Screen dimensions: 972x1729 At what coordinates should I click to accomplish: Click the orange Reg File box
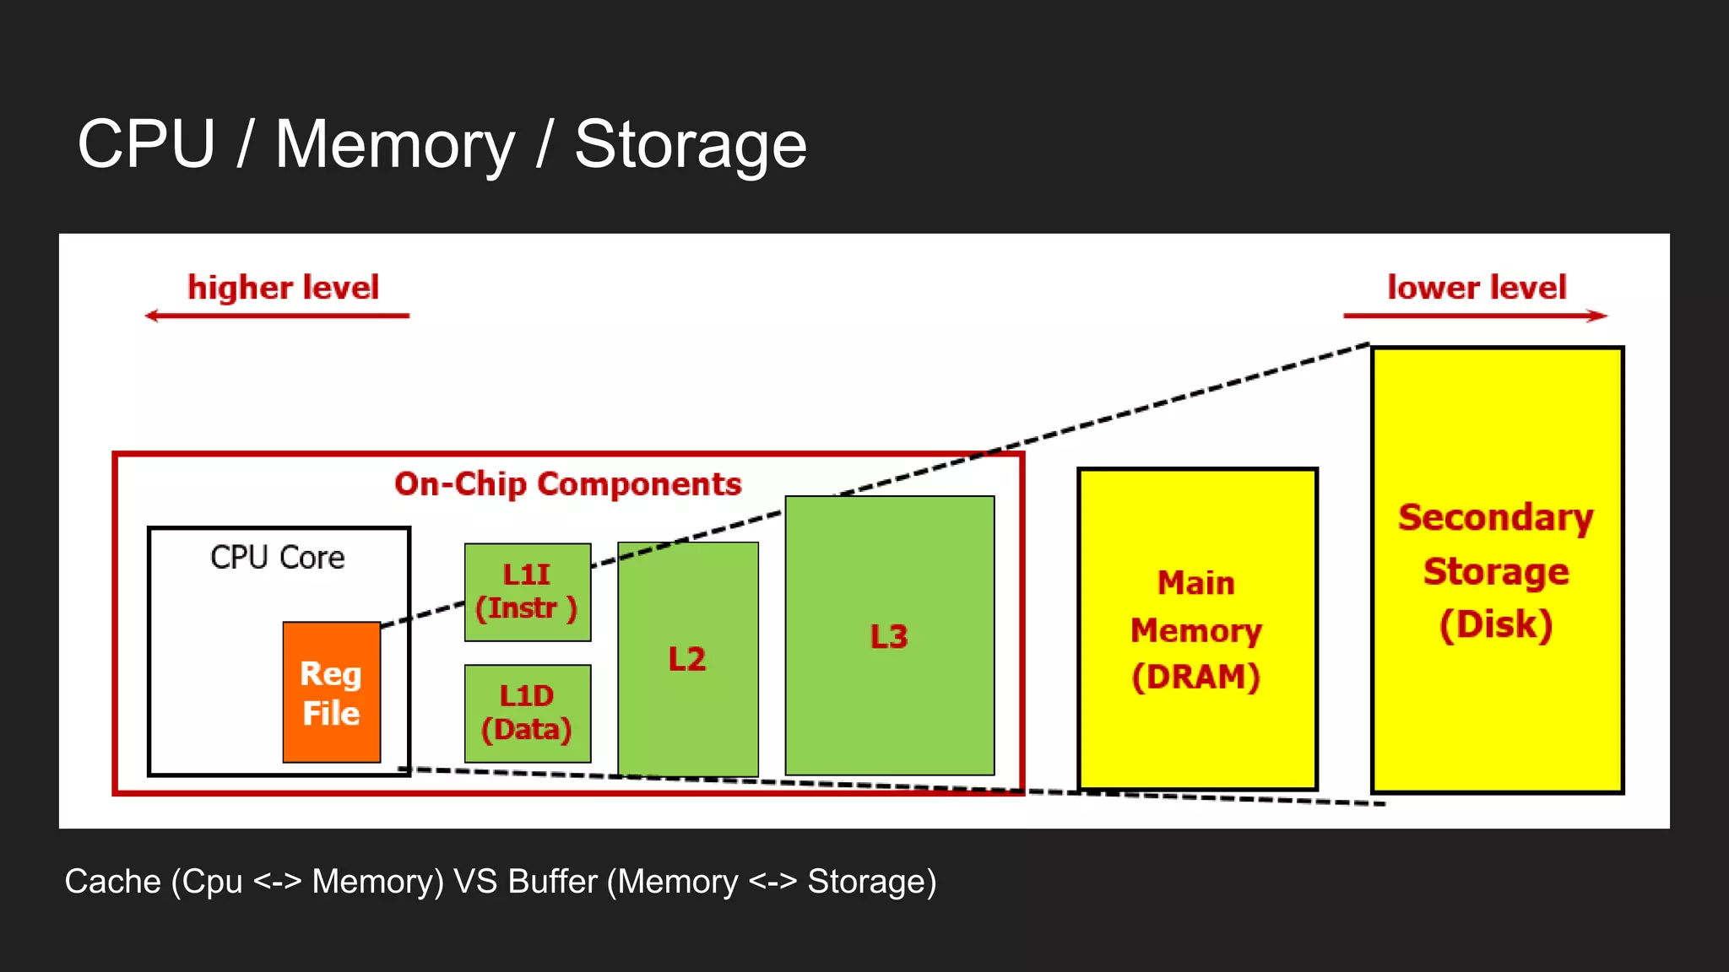(x=331, y=692)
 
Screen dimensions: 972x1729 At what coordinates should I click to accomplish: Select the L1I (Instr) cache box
(x=527, y=591)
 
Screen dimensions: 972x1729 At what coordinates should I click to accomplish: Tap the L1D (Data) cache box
(x=527, y=713)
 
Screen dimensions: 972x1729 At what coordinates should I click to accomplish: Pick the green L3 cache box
(x=889, y=635)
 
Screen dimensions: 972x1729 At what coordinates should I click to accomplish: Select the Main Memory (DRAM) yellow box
(x=1196, y=629)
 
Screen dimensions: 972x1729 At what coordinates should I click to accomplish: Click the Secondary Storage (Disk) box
(x=1496, y=570)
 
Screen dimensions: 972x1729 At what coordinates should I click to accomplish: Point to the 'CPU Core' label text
(x=277, y=558)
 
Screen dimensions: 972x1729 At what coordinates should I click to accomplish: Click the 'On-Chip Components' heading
(x=567, y=484)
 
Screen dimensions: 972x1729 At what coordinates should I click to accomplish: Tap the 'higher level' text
(x=283, y=288)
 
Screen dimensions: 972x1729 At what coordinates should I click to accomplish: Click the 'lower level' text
(x=1477, y=288)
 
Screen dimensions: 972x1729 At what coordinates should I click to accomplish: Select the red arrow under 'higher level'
(x=277, y=316)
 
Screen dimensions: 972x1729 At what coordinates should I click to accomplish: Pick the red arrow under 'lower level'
(x=1475, y=316)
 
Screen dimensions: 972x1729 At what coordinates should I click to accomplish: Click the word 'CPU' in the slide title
(x=146, y=143)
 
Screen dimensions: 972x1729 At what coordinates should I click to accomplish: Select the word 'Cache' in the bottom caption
(x=112, y=881)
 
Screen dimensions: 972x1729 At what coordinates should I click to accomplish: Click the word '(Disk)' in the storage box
(x=1495, y=624)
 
